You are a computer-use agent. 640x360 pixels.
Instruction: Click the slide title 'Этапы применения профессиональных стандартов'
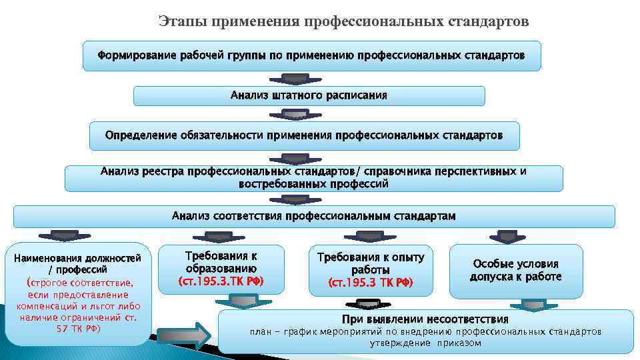tap(344, 22)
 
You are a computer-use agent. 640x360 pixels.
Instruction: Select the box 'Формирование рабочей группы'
tap(311, 55)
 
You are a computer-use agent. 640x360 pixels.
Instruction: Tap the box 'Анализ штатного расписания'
tap(309, 95)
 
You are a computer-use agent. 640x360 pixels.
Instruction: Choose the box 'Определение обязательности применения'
tap(304, 135)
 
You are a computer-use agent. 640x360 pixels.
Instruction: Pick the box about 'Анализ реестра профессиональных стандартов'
tap(313, 177)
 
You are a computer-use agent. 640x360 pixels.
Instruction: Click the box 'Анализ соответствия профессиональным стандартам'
tap(314, 216)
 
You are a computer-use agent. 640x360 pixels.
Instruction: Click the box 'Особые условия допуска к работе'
tap(515, 270)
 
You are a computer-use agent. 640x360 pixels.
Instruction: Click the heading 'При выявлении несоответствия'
tap(425, 319)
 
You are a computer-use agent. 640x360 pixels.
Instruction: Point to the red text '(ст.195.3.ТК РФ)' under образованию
tap(221, 281)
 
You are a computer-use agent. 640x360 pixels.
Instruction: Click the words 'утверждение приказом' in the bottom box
tap(425, 343)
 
